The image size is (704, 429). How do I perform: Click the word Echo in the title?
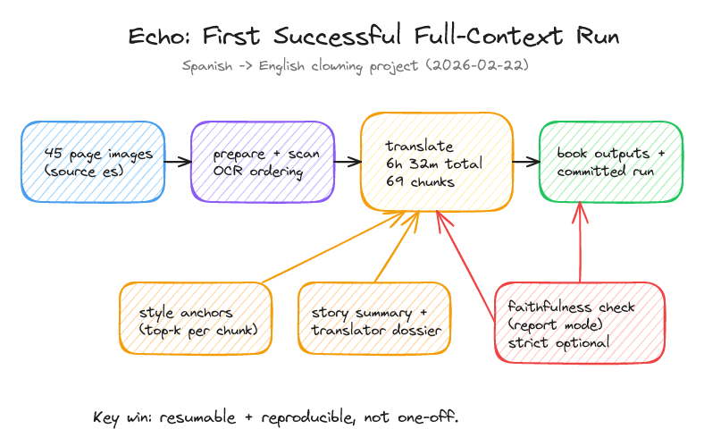click(157, 37)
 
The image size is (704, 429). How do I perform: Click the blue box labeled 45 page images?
click(94, 162)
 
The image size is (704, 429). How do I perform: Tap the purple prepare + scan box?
click(263, 162)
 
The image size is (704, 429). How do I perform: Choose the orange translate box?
click(437, 162)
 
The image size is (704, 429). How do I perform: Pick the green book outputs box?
click(610, 162)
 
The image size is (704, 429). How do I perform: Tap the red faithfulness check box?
click(579, 324)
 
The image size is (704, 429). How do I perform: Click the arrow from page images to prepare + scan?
click(178, 162)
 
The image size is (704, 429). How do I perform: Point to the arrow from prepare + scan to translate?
click(348, 162)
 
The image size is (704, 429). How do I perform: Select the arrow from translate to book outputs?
click(526, 162)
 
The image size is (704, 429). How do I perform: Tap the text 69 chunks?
click(417, 181)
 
